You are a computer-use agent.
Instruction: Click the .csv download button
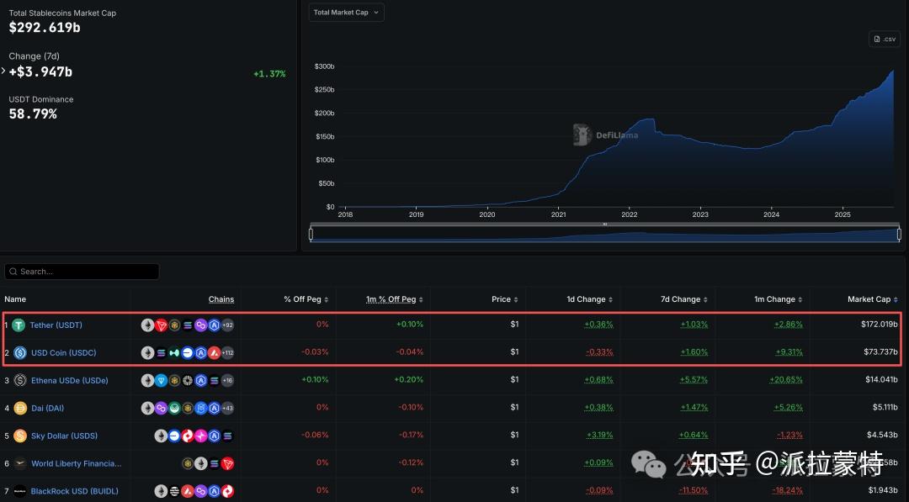click(885, 39)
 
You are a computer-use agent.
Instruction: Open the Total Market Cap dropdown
click(346, 13)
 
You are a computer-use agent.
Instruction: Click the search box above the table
click(82, 272)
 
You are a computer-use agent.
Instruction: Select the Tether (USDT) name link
click(56, 325)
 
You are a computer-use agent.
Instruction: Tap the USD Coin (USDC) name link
click(63, 352)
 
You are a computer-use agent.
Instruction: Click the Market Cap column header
click(869, 299)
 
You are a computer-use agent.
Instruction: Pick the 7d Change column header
click(684, 299)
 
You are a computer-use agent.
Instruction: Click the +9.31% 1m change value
click(789, 352)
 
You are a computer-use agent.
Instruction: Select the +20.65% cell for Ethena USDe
click(786, 380)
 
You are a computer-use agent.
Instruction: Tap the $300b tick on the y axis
click(324, 66)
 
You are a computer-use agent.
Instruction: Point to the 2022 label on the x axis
click(629, 215)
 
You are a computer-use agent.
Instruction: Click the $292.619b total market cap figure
click(45, 28)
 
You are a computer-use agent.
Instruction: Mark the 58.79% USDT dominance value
click(33, 114)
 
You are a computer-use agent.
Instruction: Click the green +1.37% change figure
click(269, 74)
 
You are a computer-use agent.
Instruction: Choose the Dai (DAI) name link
click(47, 408)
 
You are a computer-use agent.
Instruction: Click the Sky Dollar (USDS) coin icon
click(20, 436)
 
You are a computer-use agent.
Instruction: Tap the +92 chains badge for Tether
click(226, 325)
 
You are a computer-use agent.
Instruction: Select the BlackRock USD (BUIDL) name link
click(74, 491)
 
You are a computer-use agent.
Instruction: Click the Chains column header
click(221, 299)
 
